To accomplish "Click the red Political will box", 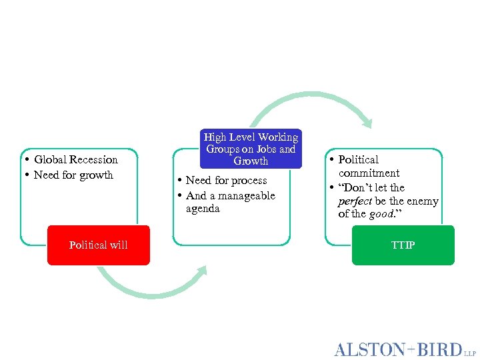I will (99, 245).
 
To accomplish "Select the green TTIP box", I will (403, 245).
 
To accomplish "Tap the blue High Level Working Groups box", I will (251, 149).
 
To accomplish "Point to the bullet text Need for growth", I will (73, 175).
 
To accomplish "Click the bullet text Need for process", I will (226, 181).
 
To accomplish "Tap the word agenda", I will (203, 209).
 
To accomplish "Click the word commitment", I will (369, 173).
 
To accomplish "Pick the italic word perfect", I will (355, 201).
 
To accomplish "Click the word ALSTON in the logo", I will (369, 349).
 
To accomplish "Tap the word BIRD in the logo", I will (438, 349).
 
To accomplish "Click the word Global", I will (49, 160).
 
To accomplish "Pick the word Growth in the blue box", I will (251, 161).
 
